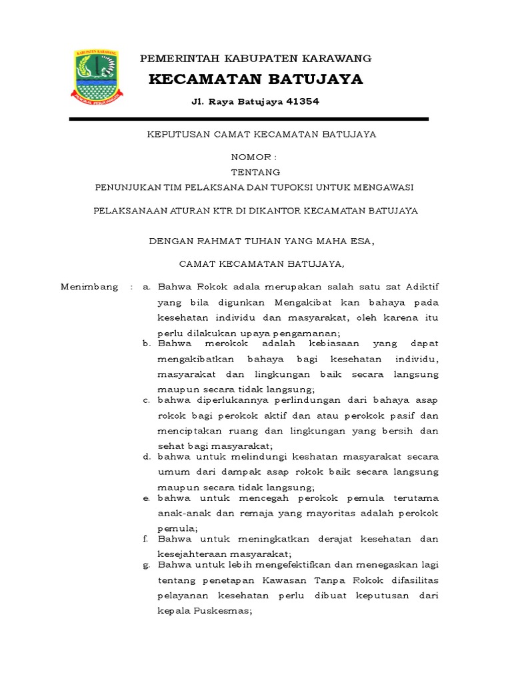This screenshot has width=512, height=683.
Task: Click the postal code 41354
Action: pyautogui.click(x=302, y=102)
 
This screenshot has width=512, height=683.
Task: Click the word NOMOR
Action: pyautogui.click(x=250, y=157)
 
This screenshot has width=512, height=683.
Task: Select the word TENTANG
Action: pyautogui.click(x=255, y=172)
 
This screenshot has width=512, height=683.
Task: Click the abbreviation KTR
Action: pyautogui.click(x=235, y=211)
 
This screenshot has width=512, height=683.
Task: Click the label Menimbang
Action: pyautogui.click(x=89, y=287)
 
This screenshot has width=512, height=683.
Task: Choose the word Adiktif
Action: pyautogui.click(x=419, y=287)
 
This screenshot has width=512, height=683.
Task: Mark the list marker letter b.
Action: pyautogui.click(x=146, y=344)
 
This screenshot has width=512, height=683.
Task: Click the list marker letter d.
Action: pyautogui.click(x=146, y=457)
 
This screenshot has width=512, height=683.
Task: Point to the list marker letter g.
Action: pyautogui.click(x=146, y=565)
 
